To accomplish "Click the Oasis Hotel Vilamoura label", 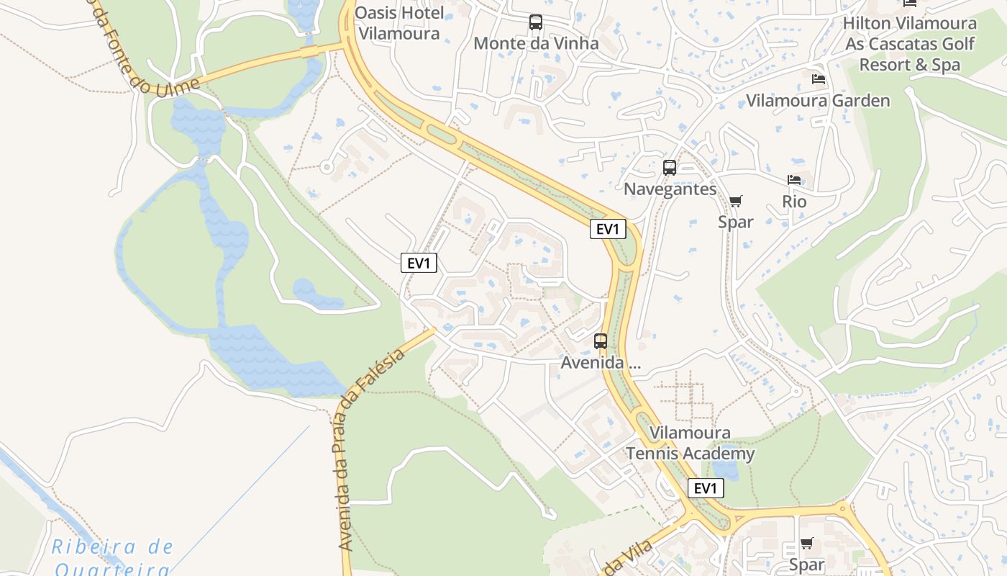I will coord(398,23).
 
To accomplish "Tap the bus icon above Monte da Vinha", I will coord(536,22).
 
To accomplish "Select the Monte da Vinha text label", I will coord(536,43).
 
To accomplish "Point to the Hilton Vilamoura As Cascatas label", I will coord(910,43).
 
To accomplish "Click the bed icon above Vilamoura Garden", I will coord(818,79).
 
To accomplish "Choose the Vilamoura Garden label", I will coord(818,100).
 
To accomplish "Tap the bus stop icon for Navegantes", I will coord(670,168).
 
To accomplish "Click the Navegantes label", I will coord(670,189).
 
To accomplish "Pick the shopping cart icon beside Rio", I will coord(735,201).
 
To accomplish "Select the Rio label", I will coord(794,202).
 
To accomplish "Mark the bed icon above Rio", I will coord(794,180).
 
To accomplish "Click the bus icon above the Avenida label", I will coord(601,341).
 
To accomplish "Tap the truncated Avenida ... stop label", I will coord(601,362).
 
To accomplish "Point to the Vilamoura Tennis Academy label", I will coord(690,443).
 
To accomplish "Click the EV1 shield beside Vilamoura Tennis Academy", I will coord(706,488).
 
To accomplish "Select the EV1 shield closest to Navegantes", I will coord(608,229).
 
